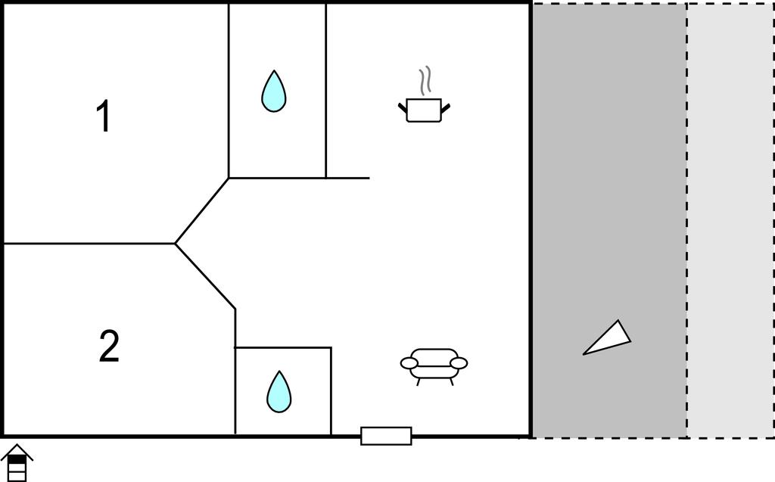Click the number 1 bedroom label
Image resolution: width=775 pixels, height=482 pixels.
tap(103, 116)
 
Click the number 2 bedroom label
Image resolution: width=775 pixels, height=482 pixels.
tap(109, 346)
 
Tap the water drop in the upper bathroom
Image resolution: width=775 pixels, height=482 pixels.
tap(273, 91)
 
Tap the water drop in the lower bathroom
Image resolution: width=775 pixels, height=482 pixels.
tap(279, 391)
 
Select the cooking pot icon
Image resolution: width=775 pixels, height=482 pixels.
tap(424, 110)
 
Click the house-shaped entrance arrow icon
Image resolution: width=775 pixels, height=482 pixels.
tap(17, 463)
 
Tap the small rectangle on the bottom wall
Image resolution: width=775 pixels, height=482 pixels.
tap(386, 436)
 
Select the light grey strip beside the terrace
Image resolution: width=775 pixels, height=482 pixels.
tap(730, 220)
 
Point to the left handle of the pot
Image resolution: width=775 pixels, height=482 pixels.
tap(403, 108)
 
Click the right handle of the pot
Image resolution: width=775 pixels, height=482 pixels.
tap(445, 108)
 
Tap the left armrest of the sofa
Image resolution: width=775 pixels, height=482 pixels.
tap(409, 363)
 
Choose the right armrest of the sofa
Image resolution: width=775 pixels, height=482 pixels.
tap(459, 363)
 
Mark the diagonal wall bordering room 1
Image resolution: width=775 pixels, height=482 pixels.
tap(201, 210)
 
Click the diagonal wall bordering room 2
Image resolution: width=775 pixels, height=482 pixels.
tap(205, 276)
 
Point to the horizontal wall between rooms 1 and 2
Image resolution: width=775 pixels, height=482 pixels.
tap(89, 243)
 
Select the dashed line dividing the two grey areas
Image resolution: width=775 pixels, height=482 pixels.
tap(686, 220)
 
